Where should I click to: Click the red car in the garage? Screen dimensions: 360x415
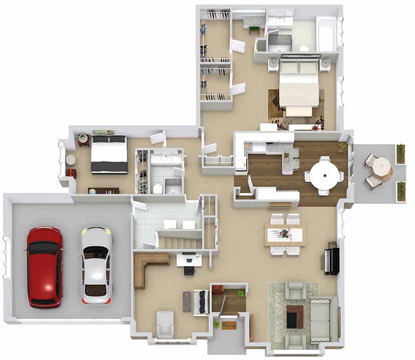pos(45,267)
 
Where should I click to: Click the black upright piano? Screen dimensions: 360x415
pos(332,261)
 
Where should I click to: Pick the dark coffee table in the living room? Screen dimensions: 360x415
pos(295,317)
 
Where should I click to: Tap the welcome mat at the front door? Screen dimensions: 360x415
pos(229,326)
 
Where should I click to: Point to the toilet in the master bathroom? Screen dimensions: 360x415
pos(303,48)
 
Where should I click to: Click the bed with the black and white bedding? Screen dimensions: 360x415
pos(109,154)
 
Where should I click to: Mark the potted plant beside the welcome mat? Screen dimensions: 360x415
pos(216,325)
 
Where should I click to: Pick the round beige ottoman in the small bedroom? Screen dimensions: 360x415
pos(71,159)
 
